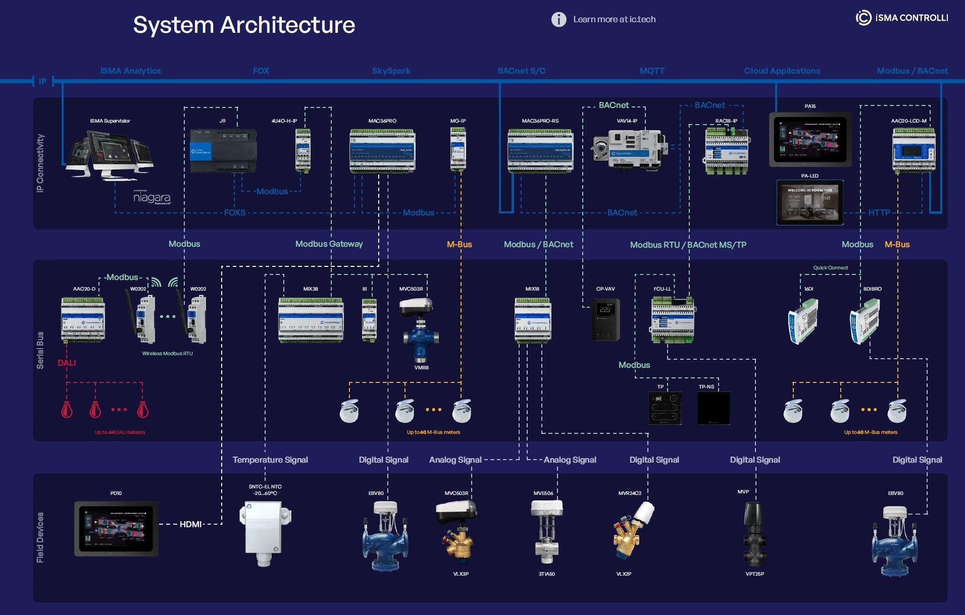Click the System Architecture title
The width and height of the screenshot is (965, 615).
coord(244,25)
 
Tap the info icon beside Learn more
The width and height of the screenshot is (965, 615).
coord(558,19)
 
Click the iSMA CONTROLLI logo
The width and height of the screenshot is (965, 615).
coord(902,18)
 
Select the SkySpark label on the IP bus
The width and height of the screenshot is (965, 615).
coord(391,71)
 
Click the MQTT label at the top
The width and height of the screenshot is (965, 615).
coord(651,71)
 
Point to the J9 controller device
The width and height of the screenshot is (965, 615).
coord(223,151)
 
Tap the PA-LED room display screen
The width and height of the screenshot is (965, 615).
coord(809,202)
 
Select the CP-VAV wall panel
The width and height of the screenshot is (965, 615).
coord(605,319)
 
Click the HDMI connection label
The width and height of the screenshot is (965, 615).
coord(190,524)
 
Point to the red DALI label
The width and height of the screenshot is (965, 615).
coord(67,363)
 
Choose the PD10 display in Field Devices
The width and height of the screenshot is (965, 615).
coord(116,529)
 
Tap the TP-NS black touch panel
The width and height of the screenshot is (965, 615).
coord(713,408)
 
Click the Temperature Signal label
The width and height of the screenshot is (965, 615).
coord(270,460)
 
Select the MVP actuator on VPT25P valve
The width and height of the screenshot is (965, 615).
coord(753,520)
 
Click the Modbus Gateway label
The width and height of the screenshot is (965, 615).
coord(329,244)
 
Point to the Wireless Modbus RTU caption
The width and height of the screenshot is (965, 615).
coord(167,353)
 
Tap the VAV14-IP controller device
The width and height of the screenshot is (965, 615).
coord(629,148)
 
